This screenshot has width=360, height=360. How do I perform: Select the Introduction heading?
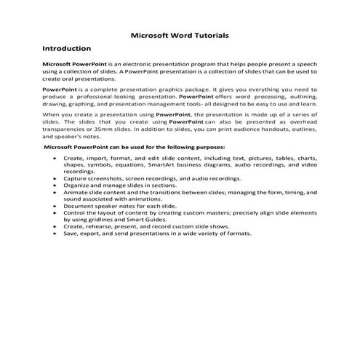coord(66,49)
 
